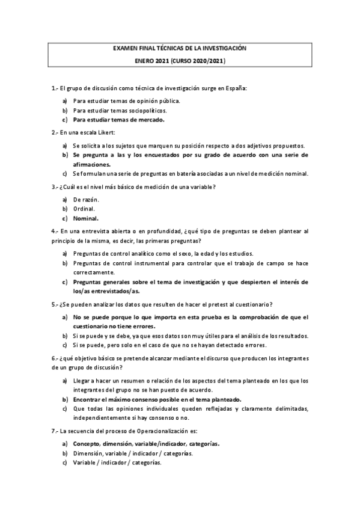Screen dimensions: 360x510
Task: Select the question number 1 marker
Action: tap(55, 88)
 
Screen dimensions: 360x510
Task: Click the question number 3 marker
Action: tap(55, 187)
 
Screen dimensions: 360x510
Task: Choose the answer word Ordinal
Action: tap(84, 208)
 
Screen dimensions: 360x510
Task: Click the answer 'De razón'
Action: tap(86, 199)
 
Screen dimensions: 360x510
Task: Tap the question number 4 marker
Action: tap(55, 231)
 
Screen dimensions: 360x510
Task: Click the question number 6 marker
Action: tap(55, 358)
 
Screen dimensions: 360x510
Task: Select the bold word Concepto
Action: tap(87, 444)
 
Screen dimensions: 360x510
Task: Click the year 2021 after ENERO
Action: tap(163, 61)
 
